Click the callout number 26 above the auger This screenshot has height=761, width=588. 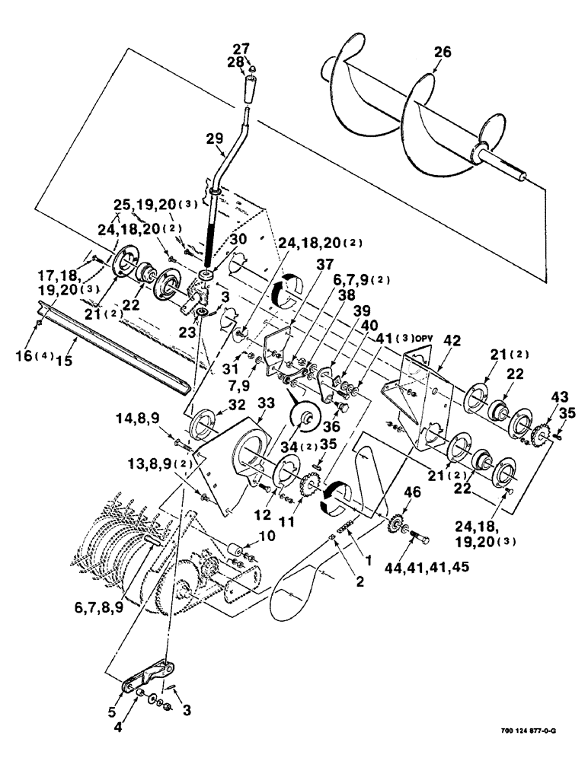point(443,53)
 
